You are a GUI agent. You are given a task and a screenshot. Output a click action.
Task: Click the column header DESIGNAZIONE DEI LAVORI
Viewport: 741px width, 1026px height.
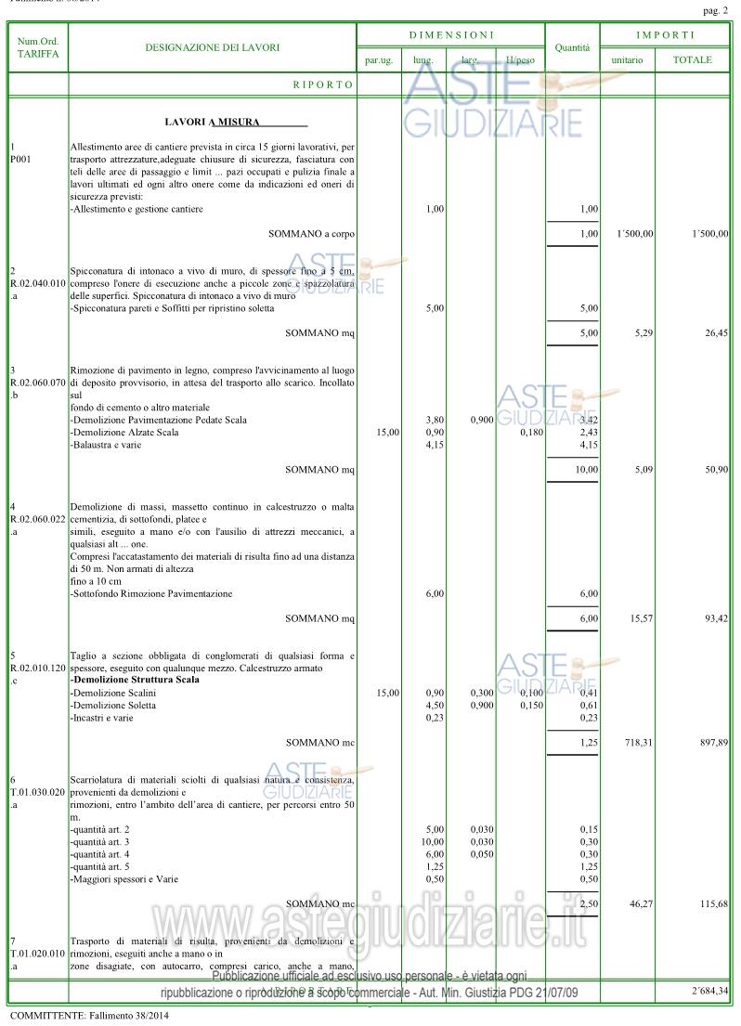tap(213, 47)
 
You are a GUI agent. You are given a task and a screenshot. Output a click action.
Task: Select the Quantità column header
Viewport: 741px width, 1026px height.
tap(572, 47)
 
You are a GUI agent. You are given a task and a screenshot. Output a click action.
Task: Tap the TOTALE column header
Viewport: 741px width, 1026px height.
tap(693, 59)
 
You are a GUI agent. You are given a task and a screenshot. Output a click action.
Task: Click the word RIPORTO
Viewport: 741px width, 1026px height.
tap(323, 84)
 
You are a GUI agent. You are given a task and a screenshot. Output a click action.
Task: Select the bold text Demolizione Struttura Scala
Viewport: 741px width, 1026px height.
tap(135, 680)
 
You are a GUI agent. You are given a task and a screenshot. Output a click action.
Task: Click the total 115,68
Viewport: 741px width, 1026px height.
tap(713, 903)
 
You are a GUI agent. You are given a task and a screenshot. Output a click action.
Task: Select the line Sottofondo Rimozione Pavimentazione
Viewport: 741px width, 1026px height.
tap(152, 593)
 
